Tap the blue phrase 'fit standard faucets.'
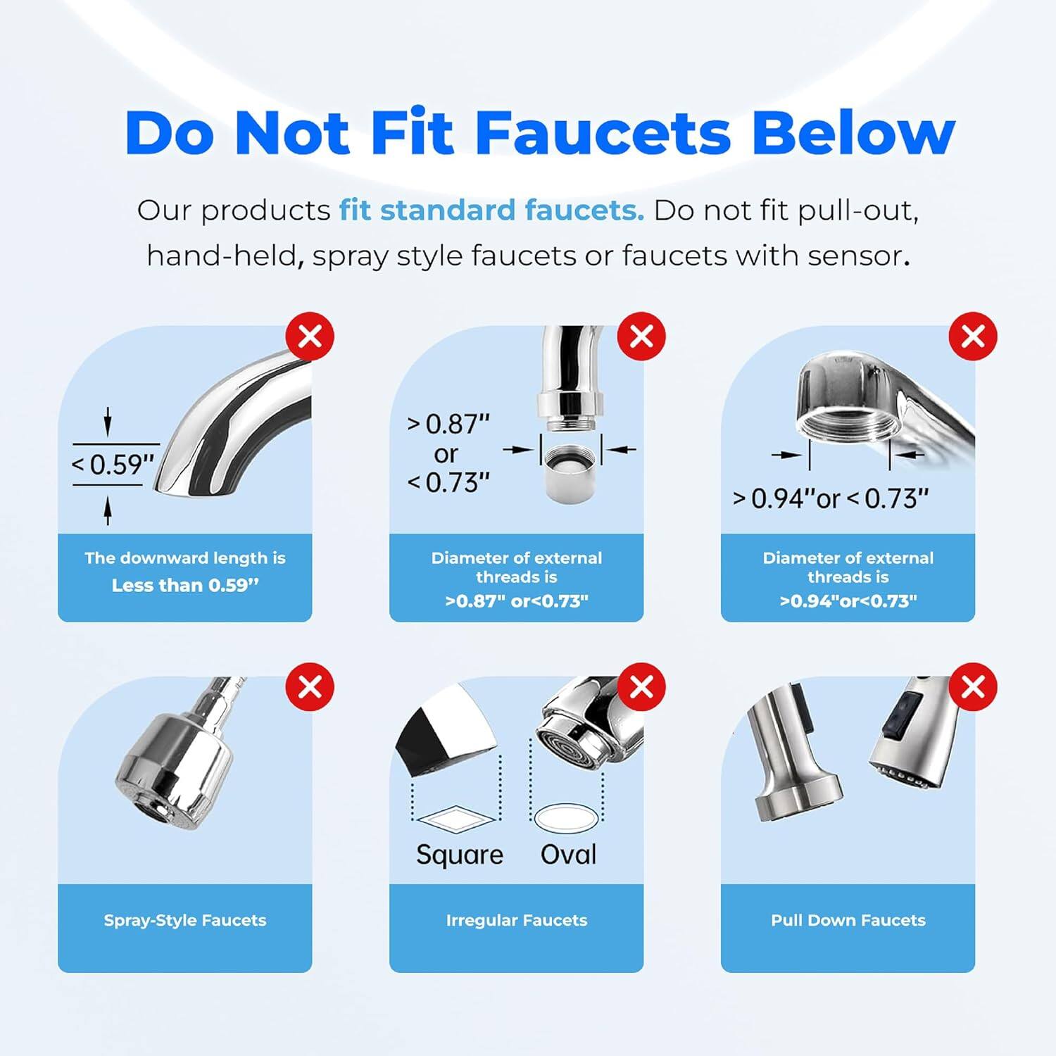pos(491,210)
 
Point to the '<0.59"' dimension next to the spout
pos(113,465)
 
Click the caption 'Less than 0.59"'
pos(185,586)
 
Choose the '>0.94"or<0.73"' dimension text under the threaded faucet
pos(831,498)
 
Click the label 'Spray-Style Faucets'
pos(185,920)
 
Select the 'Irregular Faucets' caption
pos(516,920)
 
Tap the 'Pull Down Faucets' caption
pos(848,920)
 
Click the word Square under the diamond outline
pos(460,855)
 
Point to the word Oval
pos(568,855)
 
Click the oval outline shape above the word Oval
pos(567,818)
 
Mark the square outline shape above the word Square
pos(457,819)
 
